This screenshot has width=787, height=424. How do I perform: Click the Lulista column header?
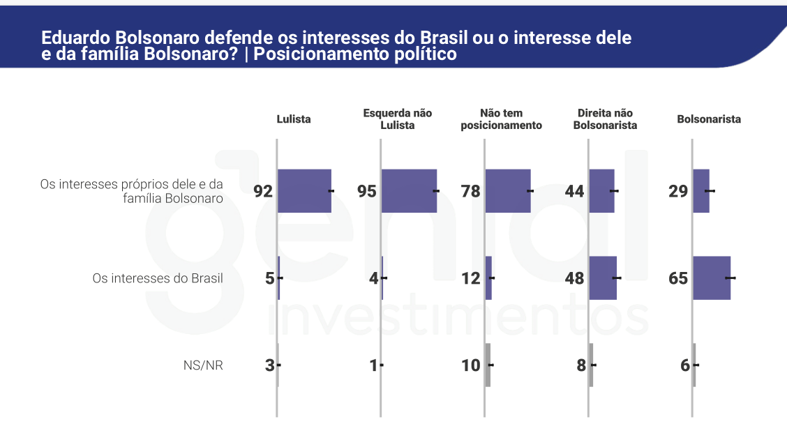coord(294,119)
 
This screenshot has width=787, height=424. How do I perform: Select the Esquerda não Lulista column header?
coord(398,119)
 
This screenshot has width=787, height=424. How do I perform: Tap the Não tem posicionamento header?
coord(502,119)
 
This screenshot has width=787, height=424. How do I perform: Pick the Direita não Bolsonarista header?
coord(605,119)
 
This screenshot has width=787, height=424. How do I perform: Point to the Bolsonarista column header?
coord(709,119)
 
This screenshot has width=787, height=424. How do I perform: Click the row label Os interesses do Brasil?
coord(158,278)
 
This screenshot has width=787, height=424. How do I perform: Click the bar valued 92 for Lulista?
coord(304,190)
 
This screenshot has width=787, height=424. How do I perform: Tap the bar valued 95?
coord(409,190)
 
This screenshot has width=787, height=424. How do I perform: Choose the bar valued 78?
coord(508,190)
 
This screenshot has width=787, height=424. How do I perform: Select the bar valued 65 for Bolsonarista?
coord(712,278)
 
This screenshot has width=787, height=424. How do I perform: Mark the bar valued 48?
coord(603,278)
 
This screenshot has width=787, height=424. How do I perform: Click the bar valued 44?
coord(601,190)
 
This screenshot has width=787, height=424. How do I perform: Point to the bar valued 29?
coord(701,190)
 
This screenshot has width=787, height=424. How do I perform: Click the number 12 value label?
coord(471,278)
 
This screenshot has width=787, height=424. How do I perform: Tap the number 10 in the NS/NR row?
coord(471,365)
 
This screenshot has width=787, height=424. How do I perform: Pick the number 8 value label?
coord(580,365)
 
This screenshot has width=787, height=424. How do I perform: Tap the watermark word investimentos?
coord(458,319)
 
